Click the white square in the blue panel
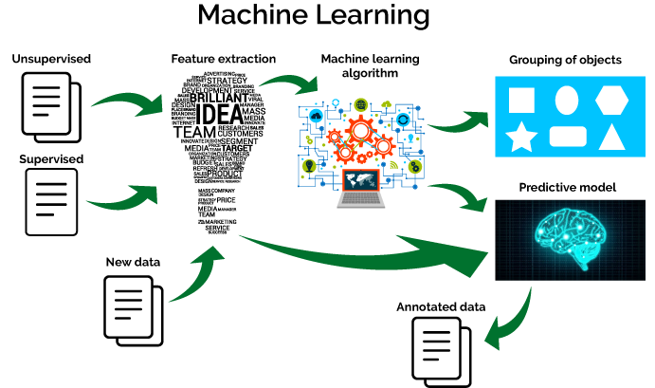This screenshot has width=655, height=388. pos(521,101)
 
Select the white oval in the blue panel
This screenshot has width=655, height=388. pos(566,100)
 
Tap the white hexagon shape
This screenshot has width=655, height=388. pos(611,100)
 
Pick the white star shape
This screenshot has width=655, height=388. pos(521,137)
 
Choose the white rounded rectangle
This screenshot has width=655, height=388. pos(568,137)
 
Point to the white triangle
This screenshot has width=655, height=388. pos(611,138)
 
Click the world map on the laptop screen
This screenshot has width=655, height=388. pos(361,179)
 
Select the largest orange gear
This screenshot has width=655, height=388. pos(360,132)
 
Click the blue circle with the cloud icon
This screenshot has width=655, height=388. pos(316,116)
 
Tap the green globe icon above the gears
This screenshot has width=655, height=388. pos(360,103)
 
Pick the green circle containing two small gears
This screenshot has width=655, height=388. pos(414,167)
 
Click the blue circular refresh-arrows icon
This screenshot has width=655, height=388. pos(403,120)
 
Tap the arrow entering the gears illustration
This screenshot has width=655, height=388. pos(289,83)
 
